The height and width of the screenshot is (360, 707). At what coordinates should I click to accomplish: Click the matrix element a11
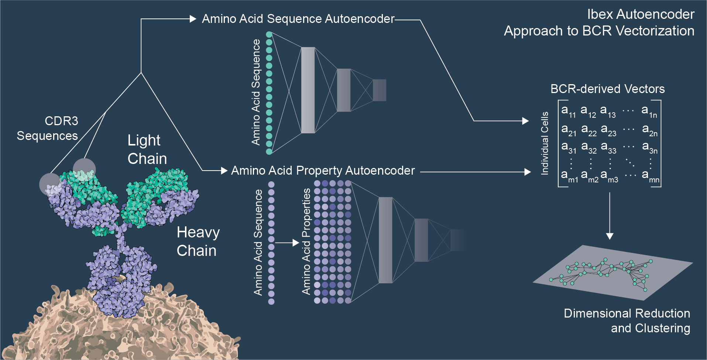568,111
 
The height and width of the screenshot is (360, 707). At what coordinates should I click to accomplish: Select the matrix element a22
588,130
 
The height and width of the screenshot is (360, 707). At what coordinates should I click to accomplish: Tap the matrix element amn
650,176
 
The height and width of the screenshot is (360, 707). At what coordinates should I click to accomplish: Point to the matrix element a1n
649,111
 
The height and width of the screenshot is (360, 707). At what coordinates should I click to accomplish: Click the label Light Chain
147,150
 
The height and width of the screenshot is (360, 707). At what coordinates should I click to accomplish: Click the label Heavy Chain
198,241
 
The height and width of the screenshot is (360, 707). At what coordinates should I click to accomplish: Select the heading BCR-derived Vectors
607,89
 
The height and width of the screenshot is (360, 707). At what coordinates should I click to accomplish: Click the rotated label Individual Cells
545,143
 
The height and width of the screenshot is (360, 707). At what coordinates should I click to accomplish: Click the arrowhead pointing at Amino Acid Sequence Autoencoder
193,19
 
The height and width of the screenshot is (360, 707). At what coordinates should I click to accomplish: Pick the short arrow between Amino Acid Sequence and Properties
287,243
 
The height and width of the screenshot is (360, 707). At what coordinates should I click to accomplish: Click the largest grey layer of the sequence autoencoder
308,90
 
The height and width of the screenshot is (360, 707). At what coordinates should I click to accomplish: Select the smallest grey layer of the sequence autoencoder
379,90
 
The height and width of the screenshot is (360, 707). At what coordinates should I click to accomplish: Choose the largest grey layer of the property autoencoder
385,240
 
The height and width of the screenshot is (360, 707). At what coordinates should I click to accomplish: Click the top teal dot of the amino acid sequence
269,34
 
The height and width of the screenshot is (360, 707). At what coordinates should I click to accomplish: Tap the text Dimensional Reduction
627,313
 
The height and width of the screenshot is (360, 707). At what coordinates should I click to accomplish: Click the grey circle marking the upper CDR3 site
84,169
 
